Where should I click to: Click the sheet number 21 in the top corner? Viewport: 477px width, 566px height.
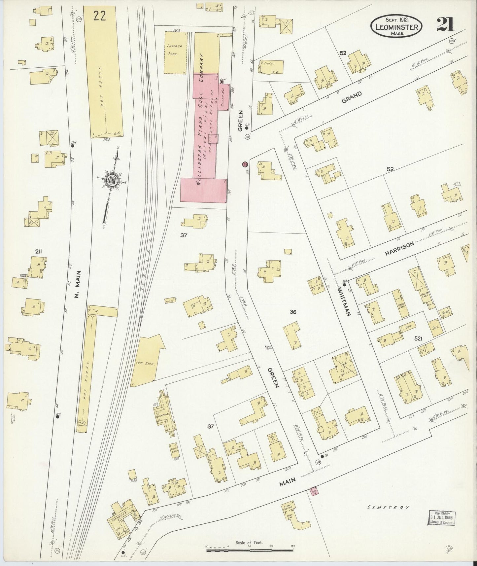coord(445,24)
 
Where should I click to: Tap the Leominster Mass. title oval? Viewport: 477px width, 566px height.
coord(396,25)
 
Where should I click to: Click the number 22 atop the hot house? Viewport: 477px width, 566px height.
coord(99,16)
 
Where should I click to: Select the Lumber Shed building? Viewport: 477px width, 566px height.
coord(175,52)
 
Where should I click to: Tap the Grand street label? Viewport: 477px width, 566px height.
coord(352,97)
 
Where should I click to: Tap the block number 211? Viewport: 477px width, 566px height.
coord(39,252)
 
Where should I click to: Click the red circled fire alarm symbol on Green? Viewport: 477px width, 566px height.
coord(245,164)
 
